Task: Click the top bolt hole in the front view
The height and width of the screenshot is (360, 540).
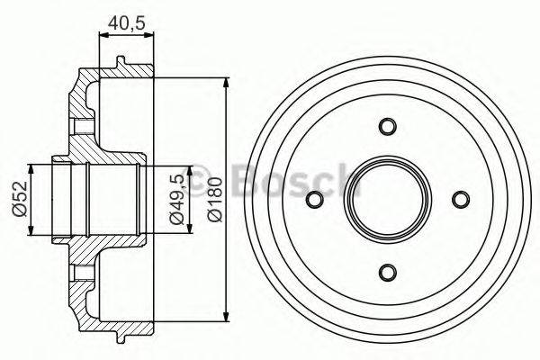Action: click(388, 125)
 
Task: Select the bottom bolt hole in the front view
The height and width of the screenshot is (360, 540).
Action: click(388, 272)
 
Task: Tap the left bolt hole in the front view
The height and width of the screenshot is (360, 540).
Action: click(315, 199)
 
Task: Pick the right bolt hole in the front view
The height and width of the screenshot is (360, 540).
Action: click(461, 199)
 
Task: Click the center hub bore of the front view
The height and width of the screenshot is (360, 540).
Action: click(388, 199)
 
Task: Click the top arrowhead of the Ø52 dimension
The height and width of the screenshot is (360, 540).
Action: click(33, 167)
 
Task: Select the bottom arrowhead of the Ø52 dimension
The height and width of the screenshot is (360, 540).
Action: click(33, 231)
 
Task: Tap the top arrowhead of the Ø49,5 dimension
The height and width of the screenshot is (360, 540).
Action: click(190, 169)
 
